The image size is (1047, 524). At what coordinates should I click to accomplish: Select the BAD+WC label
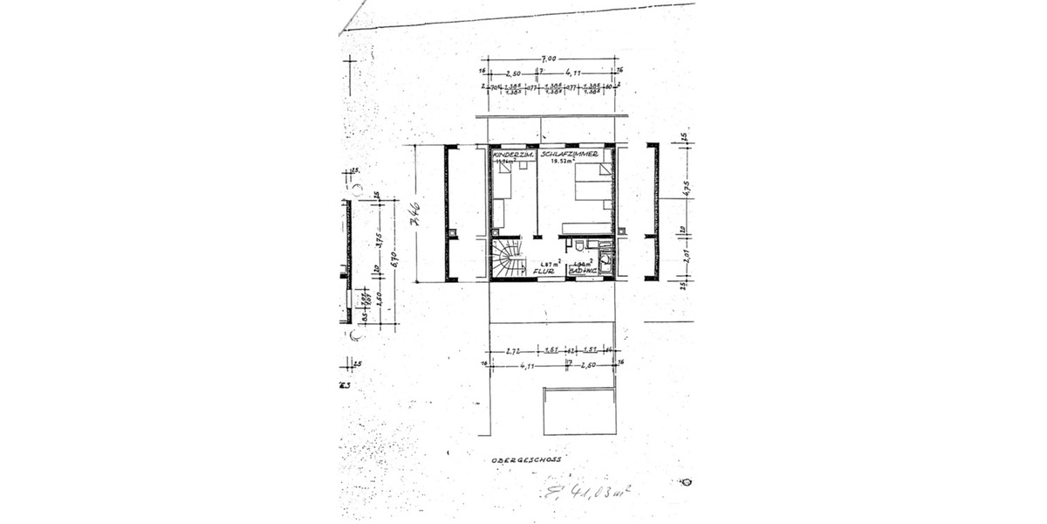[x=582, y=272]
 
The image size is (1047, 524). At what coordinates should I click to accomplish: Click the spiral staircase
[x=506, y=260]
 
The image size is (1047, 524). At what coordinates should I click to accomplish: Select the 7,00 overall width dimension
[x=551, y=59]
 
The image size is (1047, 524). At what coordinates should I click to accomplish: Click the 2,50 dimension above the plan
[x=513, y=73]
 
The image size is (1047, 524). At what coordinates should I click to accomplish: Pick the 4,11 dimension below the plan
[x=526, y=366]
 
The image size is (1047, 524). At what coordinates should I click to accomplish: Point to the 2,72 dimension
[x=514, y=350]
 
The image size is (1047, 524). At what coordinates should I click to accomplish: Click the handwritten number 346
[x=416, y=213]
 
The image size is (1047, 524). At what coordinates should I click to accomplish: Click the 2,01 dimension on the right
[x=686, y=257]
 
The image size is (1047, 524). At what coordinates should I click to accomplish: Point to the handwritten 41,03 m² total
[x=585, y=495]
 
